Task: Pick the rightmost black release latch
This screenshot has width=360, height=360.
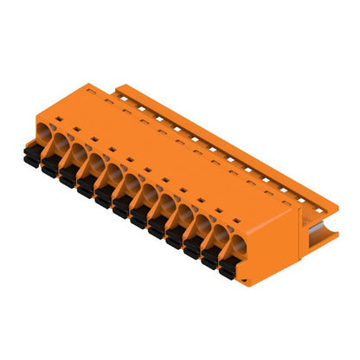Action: pyautogui.click(x=227, y=270)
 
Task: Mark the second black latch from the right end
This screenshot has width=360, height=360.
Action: pyautogui.click(x=209, y=260)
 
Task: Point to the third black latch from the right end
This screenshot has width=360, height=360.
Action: pyautogui.click(x=190, y=249)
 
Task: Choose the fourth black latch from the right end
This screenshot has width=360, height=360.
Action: pyautogui.click(x=173, y=239)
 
